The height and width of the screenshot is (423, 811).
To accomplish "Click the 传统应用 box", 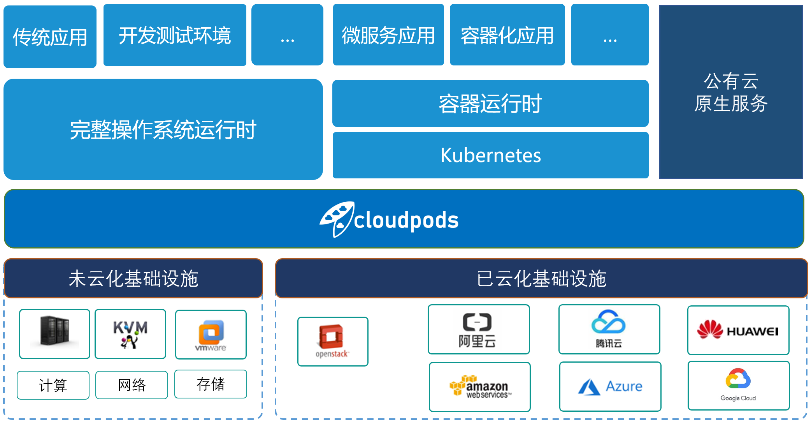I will [x=50, y=37].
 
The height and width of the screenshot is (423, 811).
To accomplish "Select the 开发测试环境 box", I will [x=175, y=35].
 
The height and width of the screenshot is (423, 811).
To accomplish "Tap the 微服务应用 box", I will [x=388, y=35].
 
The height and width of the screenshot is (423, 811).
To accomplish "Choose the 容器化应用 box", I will [x=507, y=35].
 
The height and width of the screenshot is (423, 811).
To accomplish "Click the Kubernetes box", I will [x=490, y=155].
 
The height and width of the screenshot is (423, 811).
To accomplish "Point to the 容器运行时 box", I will [x=490, y=104].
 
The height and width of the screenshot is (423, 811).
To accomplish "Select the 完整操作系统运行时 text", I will [x=163, y=130].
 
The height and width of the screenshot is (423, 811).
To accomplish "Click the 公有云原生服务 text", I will [x=731, y=93].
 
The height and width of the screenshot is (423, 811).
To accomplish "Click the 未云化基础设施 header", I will [x=133, y=278].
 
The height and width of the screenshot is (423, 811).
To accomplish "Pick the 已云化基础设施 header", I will [x=541, y=278].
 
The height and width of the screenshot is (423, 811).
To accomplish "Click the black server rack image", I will [x=54, y=331].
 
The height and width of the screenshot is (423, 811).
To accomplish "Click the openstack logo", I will [x=332, y=341].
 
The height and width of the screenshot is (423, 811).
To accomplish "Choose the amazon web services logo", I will [x=479, y=386].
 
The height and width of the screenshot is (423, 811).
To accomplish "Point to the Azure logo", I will [x=610, y=386].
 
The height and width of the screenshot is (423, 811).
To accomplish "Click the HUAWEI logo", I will [x=738, y=331].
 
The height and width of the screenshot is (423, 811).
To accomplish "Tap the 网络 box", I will [x=132, y=385].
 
